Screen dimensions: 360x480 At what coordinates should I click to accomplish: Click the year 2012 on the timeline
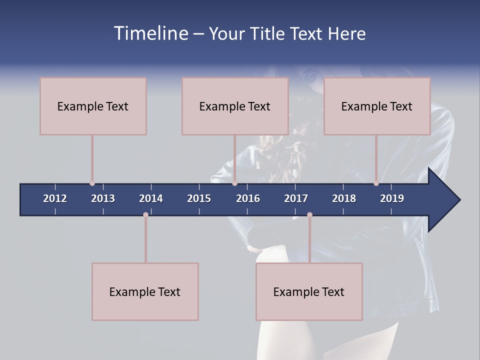click(55, 198)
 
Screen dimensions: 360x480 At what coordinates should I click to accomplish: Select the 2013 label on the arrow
click(103, 198)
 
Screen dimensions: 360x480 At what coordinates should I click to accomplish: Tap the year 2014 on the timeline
click(151, 198)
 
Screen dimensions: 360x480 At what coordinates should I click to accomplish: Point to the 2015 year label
click(199, 198)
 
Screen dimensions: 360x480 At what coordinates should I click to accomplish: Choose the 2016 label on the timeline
click(248, 198)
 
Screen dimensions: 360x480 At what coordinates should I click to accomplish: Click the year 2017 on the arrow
click(296, 198)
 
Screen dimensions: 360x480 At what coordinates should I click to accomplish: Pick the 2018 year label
click(344, 198)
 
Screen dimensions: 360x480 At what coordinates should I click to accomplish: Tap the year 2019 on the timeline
click(392, 198)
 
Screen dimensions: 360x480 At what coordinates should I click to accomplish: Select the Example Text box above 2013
click(93, 106)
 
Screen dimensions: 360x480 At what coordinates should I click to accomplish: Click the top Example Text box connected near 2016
click(235, 106)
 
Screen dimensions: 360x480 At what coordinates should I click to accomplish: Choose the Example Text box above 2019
click(377, 106)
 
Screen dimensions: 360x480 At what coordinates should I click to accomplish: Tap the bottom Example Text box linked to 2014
click(145, 291)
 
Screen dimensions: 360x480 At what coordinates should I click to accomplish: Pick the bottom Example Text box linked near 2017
click(309, 291)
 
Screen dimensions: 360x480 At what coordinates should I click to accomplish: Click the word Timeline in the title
click(150, 33)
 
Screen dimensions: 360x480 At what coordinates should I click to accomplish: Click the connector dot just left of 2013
click(92, 183)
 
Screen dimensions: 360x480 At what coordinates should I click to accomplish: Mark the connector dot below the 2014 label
click(145, 215)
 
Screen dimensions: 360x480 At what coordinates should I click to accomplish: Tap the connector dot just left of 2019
click(376, 183)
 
